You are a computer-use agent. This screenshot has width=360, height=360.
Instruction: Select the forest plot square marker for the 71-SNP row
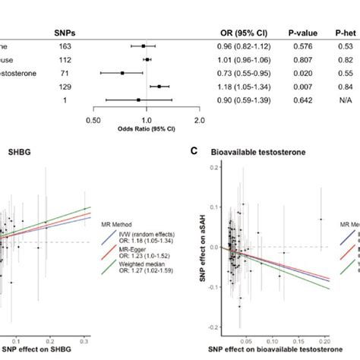pos(122,73)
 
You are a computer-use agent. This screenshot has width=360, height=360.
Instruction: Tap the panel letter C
pos(194,151)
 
